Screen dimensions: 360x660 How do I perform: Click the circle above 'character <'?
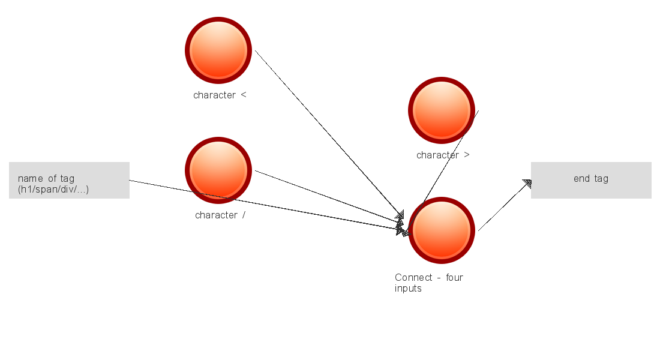[218, 50]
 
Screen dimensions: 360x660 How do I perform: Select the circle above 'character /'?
[218, 170]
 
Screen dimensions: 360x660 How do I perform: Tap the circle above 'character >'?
[442, 110]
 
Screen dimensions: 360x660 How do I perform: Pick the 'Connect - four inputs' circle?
[442, 230]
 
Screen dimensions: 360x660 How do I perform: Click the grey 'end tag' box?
[591, 180]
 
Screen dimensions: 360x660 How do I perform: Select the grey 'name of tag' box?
[69, 180]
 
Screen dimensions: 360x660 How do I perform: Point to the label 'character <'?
[220, 95]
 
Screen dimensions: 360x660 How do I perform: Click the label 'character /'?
[220, 215]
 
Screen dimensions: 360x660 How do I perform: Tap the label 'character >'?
[443, 155]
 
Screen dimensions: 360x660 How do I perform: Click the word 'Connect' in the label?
[413, 277]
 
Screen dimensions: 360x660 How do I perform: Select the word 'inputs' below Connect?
[408, 288]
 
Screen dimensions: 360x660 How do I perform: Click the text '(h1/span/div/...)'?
[53, 190]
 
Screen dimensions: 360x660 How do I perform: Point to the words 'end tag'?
[591, 178]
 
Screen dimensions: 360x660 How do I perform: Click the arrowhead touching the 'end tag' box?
[527, 184]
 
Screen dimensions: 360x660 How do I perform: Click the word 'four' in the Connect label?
[454, 277]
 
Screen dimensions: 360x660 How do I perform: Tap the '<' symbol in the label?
[243, 95]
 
